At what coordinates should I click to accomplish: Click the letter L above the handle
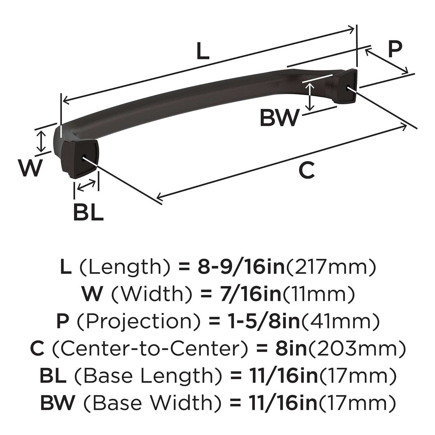(203, 52)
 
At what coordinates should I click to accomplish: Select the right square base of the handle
(346, 87)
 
